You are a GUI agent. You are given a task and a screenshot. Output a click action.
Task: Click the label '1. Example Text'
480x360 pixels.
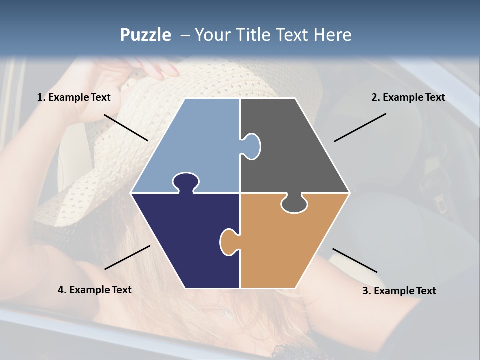tap(74, 98)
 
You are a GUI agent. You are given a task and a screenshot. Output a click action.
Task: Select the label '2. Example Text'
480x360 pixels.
tap(408, 98)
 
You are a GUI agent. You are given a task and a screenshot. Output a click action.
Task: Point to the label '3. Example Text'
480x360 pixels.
tap(399, 291)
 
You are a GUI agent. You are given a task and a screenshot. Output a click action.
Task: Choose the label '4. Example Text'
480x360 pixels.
tap(95, 290)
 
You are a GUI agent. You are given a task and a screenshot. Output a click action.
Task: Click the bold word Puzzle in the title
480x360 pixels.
tap(145, 35)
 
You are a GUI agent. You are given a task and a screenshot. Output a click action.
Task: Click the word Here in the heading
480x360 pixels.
tap(333, 35)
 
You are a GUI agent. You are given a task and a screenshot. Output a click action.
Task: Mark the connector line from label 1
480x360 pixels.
tap(126, 128)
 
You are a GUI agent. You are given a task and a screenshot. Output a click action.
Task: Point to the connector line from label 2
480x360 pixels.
tap(360, 127)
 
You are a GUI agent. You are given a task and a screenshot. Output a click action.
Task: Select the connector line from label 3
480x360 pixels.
tap(355, 260)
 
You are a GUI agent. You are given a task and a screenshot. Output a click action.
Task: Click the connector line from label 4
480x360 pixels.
tap(127, 257)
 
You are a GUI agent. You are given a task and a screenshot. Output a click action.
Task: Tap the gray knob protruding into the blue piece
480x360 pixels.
tap(251, 146)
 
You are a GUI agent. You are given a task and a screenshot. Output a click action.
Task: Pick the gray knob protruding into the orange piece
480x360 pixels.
tap(294, 204)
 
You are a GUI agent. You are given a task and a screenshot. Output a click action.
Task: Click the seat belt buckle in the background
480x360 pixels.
tap(440, 202)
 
